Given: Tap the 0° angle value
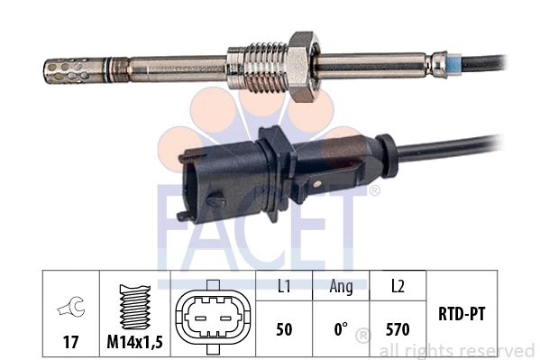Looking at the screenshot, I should point(341,330).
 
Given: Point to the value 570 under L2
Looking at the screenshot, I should point(397,330).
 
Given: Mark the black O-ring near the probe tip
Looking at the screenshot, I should point(110,68).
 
